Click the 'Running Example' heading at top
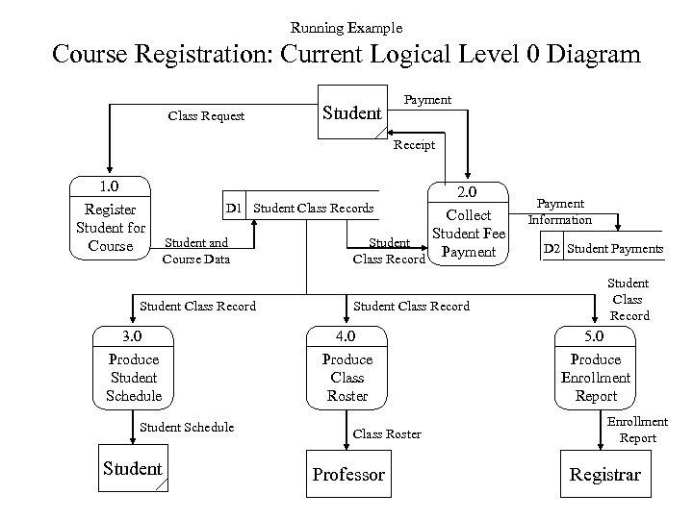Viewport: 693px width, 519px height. point(346,28)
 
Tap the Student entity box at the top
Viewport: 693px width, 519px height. point(351,112)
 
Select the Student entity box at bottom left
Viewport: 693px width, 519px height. point(133,469)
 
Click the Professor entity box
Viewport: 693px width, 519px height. point(347,474)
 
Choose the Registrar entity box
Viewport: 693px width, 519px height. point(603,474)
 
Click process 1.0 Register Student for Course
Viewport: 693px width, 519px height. point(110,220)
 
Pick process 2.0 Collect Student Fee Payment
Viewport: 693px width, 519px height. point(469,224)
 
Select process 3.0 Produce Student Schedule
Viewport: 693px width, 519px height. point(133,368)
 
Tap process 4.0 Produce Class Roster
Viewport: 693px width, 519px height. point(347,368)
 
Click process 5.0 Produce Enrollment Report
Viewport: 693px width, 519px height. point(595,368)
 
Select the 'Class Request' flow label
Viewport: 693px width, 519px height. point(206,116)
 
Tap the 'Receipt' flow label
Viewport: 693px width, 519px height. point(414,145)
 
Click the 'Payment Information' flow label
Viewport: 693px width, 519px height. point(559,212)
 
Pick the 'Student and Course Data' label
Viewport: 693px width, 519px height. point(195,251)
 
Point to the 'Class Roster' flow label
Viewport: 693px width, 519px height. point(387,434)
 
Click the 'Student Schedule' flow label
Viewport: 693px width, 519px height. point(187,427)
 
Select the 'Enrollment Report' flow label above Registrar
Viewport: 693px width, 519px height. point(636,430)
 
